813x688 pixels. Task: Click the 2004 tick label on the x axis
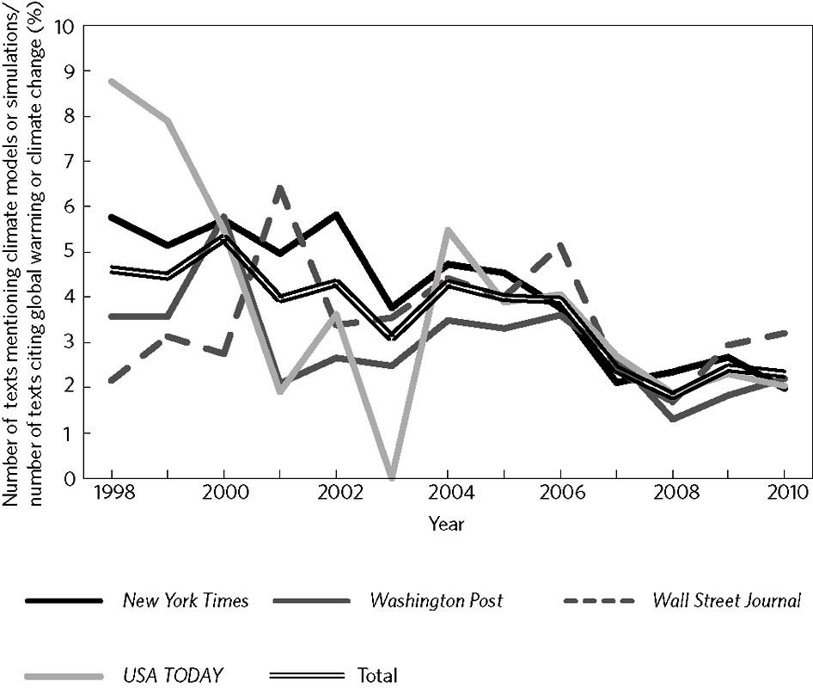[x=447, y=496]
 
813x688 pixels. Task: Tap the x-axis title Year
[x=447, y=523]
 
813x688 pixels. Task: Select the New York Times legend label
[x=186, y=600]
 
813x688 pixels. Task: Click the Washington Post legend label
[x=437, y=600]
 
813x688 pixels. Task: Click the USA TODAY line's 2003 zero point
[x=392, y=477]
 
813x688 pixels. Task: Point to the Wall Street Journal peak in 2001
[x=279, y=187]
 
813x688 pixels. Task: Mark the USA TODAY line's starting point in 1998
[x=112, y=82]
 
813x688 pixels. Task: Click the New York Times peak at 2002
[x=336, y=214]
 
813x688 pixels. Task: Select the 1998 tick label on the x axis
[x=112, y=496]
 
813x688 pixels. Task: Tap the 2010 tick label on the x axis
[x=784, y=496]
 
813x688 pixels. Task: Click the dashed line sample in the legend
[x=598, y=600]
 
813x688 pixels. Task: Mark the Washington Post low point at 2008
[x=671, y=419]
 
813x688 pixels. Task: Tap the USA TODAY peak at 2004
[x=448, y=229]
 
